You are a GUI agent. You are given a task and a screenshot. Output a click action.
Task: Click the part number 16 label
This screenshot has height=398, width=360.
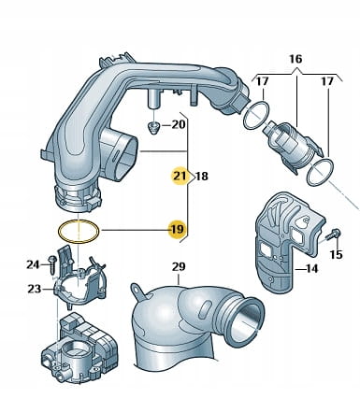coord(295,59)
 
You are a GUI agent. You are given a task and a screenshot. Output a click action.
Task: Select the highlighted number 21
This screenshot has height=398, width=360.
coord(180,177)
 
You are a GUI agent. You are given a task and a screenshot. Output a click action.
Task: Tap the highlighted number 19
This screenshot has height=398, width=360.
coord(178,230)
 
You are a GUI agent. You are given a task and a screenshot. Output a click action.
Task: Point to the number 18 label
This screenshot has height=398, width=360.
coord(202,177)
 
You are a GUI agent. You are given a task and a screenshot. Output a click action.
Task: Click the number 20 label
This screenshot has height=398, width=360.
coord(179,125)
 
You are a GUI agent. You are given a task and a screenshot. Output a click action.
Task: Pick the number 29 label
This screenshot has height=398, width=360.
coord(179,266)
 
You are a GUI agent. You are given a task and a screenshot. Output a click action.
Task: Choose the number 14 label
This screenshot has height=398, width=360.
coord(311,268)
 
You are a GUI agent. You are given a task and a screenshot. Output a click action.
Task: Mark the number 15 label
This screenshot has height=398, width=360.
coord(336,254)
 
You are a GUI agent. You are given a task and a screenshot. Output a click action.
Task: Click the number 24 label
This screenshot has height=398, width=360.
coord(33,264)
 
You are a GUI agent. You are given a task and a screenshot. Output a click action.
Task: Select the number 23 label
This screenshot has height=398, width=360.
coord(35,289)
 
